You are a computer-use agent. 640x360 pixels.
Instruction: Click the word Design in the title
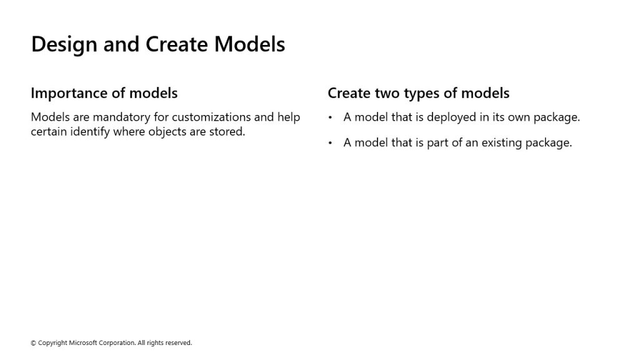tap(64, 44)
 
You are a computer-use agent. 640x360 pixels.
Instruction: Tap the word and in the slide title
tap(121, 44)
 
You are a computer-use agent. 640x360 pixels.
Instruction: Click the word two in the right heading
tap(387, 94)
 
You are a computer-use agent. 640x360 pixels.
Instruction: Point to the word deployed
tap(451, 117)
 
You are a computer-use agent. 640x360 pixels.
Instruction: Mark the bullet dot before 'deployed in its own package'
tap(330, 118)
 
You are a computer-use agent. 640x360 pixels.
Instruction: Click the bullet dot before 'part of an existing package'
tap(330, 143)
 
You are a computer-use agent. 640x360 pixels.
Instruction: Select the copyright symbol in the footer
tap(34, 343)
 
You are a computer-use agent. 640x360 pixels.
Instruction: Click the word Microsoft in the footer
tap(83, 343)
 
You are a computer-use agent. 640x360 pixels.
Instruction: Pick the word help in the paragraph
tap(289, 117)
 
